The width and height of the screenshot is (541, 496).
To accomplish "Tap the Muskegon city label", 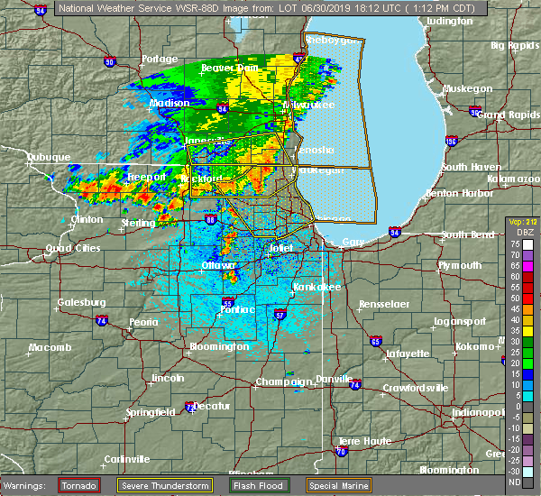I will coord(466,89).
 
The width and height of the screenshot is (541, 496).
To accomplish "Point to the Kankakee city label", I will coord(316,287).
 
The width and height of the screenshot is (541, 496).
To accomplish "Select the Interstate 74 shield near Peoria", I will coord(102,320).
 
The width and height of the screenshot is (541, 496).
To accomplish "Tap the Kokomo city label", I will coord(476,347).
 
